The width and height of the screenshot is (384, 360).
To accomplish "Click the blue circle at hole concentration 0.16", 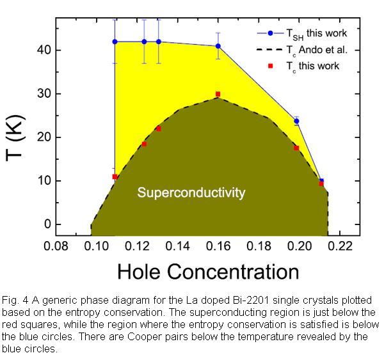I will tap(218, 46).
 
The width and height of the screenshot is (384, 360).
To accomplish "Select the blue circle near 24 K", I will tap(296, 121).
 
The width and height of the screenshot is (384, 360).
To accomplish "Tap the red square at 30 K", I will tap(218, 94).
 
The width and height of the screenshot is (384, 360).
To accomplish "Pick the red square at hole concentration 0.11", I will tap(115, 176).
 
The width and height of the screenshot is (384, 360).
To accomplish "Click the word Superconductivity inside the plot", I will tap(191, 192).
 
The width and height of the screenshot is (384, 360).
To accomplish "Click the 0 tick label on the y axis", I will tap(46, 224).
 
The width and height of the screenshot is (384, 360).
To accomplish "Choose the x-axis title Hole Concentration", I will tap(208, 272).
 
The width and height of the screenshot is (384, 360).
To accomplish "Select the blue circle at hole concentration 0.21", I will tap(321, 182).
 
